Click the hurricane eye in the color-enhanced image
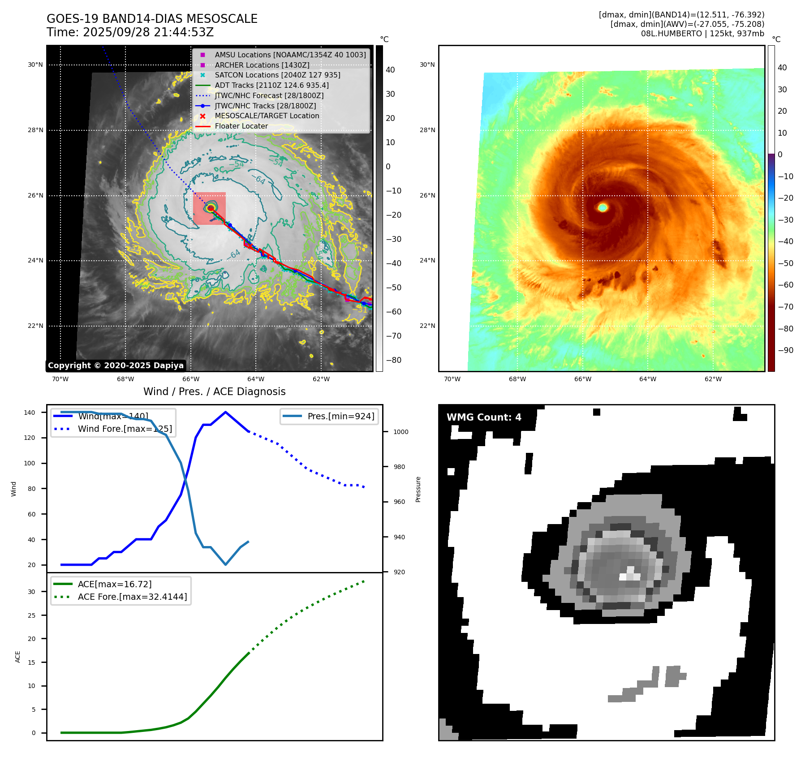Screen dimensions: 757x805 603,207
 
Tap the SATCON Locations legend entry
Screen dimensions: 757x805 277,75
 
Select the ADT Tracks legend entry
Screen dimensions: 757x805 271,85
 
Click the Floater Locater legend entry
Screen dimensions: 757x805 241,126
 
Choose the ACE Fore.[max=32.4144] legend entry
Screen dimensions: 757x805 132,597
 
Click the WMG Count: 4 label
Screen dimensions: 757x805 484,417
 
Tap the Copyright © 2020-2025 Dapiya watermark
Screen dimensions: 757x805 116,366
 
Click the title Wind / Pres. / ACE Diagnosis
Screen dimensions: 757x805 214,391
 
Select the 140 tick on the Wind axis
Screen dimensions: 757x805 30,413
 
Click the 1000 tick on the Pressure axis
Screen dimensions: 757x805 401,432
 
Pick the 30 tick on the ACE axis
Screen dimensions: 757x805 31,592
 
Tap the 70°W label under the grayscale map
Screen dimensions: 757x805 60,379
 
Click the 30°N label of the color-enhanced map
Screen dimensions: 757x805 427,65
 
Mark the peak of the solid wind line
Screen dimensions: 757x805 225,412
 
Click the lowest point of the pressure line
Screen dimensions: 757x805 225,564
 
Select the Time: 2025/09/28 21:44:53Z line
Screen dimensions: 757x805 130,33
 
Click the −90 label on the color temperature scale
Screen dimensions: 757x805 785,350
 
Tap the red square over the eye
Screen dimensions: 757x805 209,208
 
